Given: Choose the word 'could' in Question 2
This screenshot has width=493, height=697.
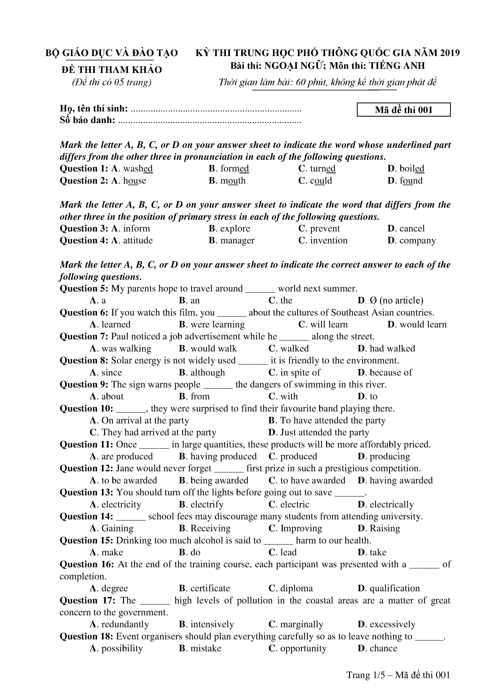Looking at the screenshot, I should [x=321, y=181].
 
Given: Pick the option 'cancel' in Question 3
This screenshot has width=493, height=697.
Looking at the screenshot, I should [x=412, y=228].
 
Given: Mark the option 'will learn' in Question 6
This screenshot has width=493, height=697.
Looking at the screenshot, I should [x=329, y=324].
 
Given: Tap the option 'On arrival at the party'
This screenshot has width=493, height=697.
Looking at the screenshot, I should [x=145, y=420].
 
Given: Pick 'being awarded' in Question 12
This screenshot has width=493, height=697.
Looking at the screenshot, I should [x=219, y=481].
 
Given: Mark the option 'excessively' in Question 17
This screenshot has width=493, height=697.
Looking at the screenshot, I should [x=392, y=624].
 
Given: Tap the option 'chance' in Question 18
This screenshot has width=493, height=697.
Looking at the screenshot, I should [x=383, y=649].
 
